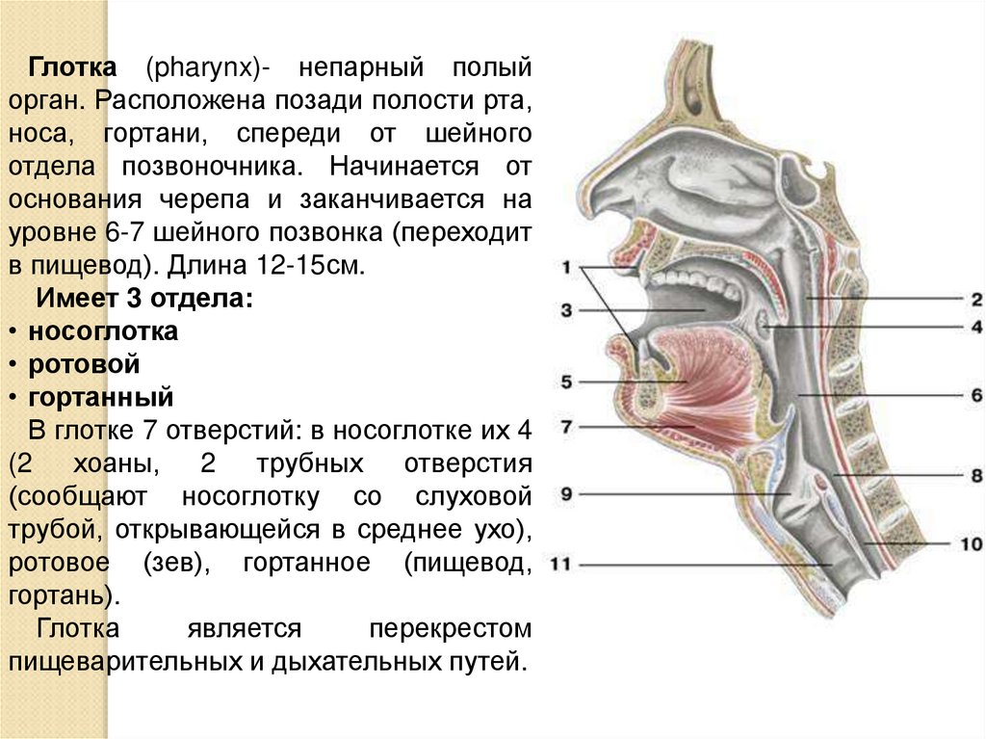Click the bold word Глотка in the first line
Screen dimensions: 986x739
click(72, 69)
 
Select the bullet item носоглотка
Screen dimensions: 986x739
click(103, 332)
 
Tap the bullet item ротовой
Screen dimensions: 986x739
click(84, 364)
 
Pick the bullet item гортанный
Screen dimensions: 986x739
click(100, 396)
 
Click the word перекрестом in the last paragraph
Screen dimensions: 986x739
click(450, 629)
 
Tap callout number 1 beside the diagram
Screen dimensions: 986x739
click(567, 267)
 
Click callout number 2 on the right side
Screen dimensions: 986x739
click(974, 300)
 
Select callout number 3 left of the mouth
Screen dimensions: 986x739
click(567, 310)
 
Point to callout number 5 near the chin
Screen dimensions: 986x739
click(567, 382)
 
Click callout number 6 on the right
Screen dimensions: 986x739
click(974, 395)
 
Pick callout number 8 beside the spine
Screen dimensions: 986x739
click(974, 476)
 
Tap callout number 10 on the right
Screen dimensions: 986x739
click(970, 544)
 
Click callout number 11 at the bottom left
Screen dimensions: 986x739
click(560, 564)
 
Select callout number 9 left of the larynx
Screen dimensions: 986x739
click(567, 494)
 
